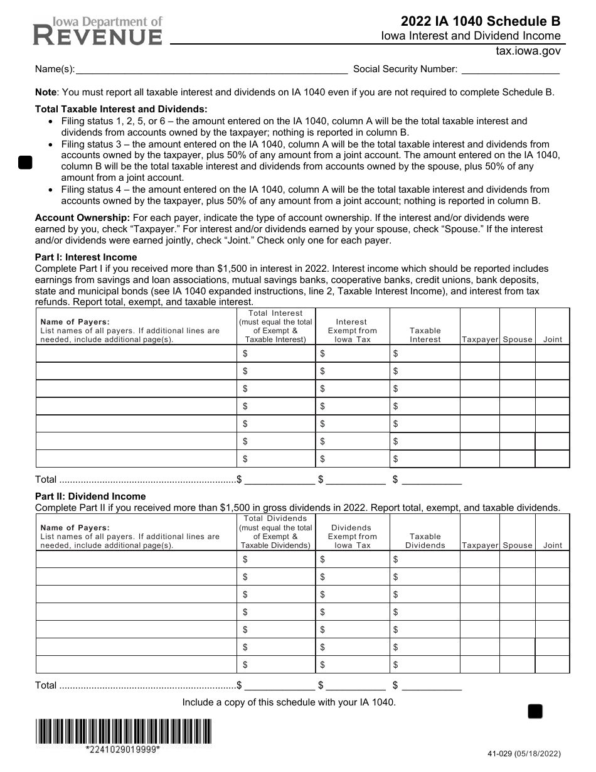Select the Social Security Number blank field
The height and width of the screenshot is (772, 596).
point(509,70)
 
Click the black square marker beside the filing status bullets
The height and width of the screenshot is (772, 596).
point(25,163)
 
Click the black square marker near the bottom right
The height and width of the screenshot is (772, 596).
point(535,711)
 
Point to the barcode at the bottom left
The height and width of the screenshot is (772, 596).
point(124,731)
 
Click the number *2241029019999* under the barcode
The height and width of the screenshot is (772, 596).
point(123,750)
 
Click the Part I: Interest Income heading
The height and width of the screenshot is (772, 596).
point(86,257)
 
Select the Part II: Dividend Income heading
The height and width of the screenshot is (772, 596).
point(90,496)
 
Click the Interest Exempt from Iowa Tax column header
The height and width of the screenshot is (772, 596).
point(352,330)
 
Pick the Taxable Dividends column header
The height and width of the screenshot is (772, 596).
point(425,541)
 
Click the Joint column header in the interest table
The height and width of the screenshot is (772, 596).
point(553,340)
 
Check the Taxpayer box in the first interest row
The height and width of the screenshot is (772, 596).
point(479,353)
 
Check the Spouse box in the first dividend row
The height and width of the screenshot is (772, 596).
point(517,559)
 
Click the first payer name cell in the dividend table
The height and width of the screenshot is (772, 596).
point(136,559)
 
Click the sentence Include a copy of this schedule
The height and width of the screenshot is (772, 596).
point(289,702)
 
